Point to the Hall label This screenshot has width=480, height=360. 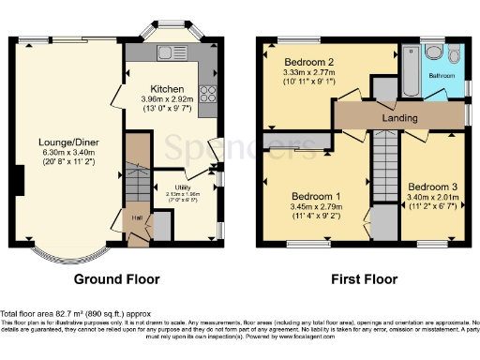coord(136,217)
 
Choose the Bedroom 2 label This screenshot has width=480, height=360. coord(309,61)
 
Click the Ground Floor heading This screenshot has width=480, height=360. coord(118,278)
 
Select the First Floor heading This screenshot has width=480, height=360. coord(364,278)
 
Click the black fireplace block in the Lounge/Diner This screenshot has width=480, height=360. coord(19,178)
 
